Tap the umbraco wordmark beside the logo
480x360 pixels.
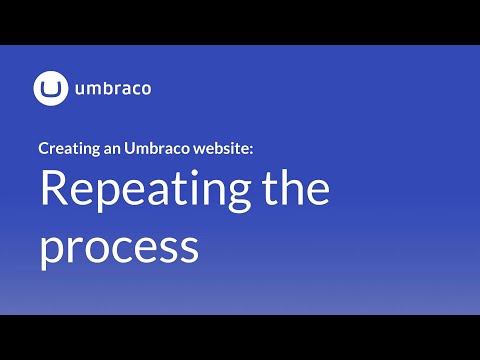[112, 89]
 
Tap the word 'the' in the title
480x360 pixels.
[297, 190]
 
